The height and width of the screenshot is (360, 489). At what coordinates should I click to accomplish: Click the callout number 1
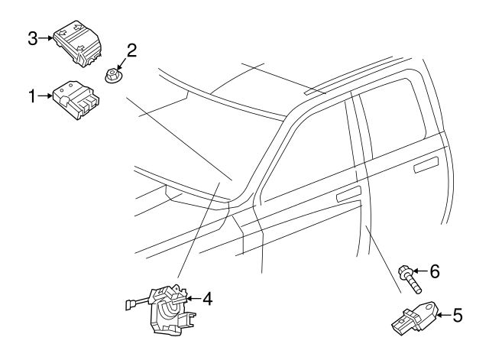32,96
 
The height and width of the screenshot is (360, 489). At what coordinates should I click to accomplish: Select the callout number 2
131,50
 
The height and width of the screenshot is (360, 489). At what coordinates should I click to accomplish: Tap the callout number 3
32,39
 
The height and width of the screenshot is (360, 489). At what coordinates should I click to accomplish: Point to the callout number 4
207,299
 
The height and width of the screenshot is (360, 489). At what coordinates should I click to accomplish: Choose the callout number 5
457,315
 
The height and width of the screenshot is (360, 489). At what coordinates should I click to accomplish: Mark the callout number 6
435,271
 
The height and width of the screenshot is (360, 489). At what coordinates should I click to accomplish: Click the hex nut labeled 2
112,76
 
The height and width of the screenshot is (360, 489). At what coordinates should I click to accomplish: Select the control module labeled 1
76,99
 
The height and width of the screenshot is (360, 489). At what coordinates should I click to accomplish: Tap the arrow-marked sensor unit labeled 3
78,44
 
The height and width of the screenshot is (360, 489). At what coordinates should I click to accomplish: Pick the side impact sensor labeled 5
415,318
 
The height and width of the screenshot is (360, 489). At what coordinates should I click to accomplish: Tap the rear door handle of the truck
426,165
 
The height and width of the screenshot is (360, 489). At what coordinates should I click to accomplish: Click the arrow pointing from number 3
46,38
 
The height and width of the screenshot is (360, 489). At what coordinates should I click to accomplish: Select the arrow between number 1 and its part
45,96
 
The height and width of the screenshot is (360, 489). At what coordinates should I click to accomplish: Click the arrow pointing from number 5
444,315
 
